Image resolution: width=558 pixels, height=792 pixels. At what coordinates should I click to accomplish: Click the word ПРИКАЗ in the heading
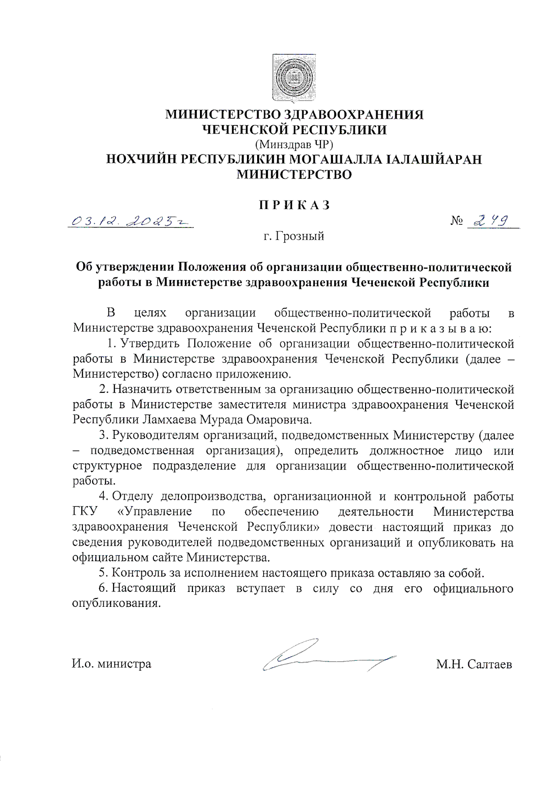coord(294,205)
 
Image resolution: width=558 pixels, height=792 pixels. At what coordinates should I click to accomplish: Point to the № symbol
coord(457,221)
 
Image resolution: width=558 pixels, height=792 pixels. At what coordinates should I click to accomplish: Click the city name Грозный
coord(299,236)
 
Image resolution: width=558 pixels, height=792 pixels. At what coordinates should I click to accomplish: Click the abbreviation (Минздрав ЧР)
coord(294,144)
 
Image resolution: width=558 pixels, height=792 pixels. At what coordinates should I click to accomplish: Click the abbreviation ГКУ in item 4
coord(85,511)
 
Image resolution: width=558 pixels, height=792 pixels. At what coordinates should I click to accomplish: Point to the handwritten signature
coord(325,656)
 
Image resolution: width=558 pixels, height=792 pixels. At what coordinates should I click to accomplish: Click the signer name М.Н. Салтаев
coord(474,664)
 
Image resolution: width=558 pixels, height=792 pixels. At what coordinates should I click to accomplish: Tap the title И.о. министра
coord(112,664)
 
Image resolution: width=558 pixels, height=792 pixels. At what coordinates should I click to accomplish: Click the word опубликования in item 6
coord(116,604)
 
